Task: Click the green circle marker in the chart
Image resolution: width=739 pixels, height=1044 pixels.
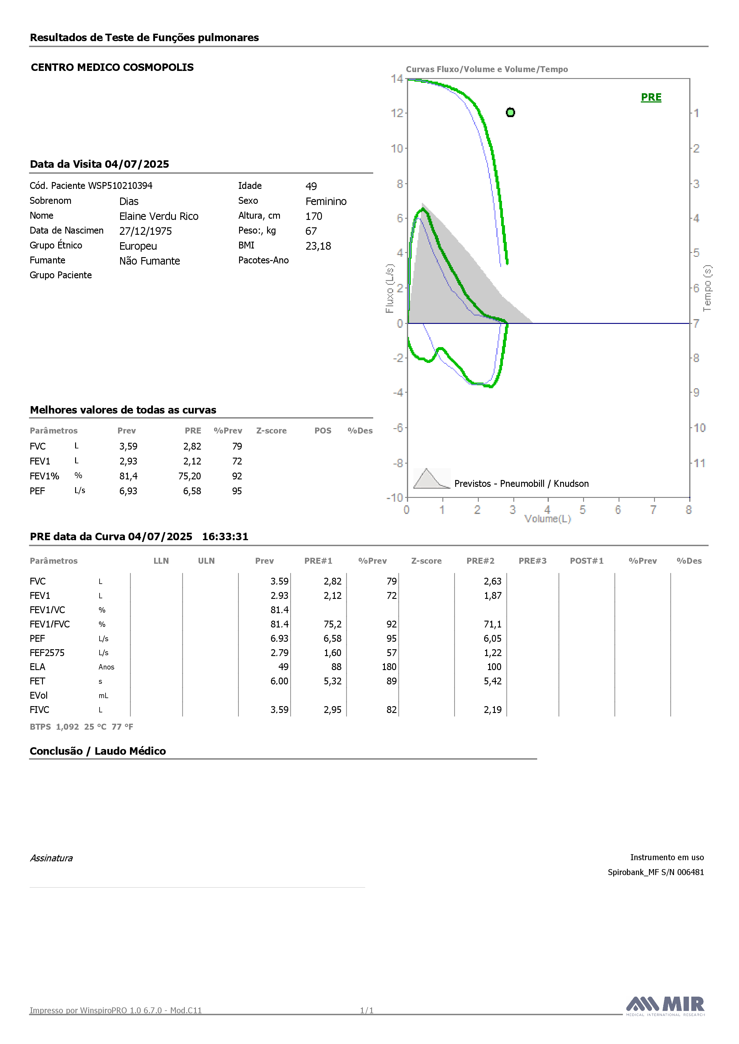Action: (x=511, y=112)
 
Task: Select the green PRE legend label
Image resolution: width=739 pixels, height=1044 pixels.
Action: (x=651, y=97)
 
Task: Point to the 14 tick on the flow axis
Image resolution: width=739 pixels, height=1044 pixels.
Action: (x=397, y=79)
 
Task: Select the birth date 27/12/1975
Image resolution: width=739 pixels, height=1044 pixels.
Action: (x=145, y=231)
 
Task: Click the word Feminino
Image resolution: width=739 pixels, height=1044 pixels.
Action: (x=326, y=201)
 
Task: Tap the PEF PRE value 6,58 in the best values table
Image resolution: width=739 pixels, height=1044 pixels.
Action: (x=192, y=491)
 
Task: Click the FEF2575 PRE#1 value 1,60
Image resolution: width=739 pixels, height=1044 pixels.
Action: (x=333, y=653)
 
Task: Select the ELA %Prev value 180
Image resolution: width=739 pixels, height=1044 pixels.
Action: (x=389, y=667)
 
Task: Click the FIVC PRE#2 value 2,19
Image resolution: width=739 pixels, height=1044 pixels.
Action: (x=492, y=710)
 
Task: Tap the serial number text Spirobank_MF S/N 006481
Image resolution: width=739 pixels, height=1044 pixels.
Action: (x=656, y=872)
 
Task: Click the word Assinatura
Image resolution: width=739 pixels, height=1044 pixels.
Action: (x=51, y=858)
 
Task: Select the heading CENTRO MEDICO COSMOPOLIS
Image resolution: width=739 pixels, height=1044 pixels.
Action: (x=112, y=67)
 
